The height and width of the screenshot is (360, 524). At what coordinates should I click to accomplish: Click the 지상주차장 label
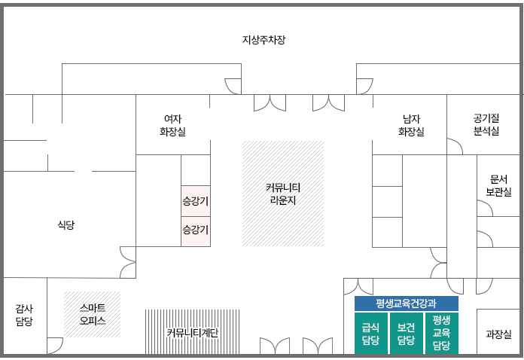click(x=264, y=40)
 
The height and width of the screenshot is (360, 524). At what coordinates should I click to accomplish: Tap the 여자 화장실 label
click(x=172, y=125)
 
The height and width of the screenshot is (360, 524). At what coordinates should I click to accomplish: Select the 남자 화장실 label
click(x=411, y=125)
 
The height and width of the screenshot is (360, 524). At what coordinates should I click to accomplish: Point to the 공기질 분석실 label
click(x=486, y=124)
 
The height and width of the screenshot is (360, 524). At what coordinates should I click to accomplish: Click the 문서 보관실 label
click(x=498, y=186)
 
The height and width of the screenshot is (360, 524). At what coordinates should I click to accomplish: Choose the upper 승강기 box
click(x=196, y=201)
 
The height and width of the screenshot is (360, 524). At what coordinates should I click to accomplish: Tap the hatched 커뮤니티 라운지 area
click(x=283, y=194)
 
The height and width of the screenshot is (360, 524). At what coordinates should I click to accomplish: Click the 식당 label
click(x=66, y=224)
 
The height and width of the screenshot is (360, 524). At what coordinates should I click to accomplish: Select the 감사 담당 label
click(x=25, y=315)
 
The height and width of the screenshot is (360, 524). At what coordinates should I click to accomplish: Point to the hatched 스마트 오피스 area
click(x=92, y=314)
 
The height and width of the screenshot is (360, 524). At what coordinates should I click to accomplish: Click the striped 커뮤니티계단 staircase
click(x=192, y=332)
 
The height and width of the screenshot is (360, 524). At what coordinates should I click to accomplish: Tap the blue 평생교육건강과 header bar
click(x=406, y=304)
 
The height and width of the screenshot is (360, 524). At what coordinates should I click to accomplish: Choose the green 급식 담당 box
click(x=370, y=334)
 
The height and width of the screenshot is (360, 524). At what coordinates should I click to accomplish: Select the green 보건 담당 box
click(x=407, y=334)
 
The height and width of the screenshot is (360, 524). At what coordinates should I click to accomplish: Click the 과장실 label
click(x=498, y=334)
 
